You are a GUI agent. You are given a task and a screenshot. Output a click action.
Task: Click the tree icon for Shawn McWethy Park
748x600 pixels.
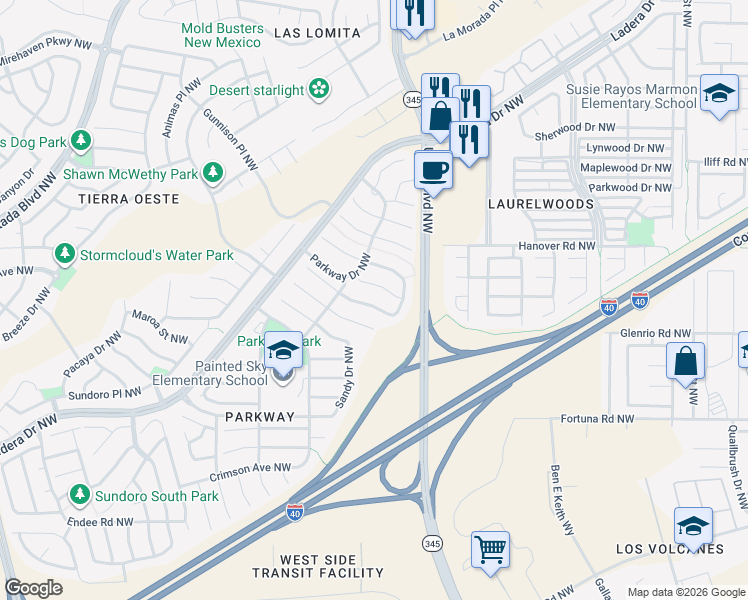click(x=212, y=174)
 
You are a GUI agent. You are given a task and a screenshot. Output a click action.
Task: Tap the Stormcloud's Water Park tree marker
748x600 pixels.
click(x=65, y=255)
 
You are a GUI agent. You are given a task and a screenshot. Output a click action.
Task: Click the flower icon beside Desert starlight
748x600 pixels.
click(x=319, y=90)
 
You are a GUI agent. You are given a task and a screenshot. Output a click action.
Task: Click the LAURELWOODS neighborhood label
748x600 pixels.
click(x=540, y=203)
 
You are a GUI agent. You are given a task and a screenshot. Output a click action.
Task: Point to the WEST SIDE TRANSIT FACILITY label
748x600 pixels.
click(x=318, y=566)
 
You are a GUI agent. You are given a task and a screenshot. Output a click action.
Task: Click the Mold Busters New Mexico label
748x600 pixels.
click(x=221, y=35)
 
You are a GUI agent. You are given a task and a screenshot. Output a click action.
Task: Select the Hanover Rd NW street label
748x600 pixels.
click(x=556, y=245)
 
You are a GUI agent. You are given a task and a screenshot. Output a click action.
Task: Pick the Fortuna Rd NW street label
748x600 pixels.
click(x=597, y=419)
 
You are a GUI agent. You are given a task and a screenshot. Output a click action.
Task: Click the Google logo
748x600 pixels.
click(x=34, y=588)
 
